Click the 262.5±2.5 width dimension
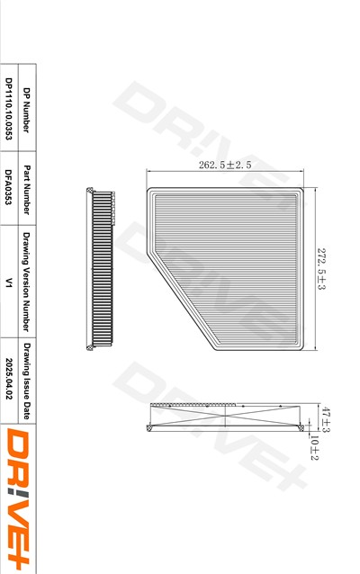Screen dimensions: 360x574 tap(225, 165)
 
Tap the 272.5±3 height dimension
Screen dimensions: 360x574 tap(321, 269)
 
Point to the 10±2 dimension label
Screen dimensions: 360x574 tap(314, 447)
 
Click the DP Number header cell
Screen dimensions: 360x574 tap(26, 110)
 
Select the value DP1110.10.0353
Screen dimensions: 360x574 tap(8, 109)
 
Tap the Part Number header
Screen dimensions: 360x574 tap(26, 190)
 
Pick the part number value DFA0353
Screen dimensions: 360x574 tap(8, 187)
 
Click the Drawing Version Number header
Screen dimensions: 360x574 tap(26, 282)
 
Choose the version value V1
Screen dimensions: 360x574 tap(8, 283)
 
